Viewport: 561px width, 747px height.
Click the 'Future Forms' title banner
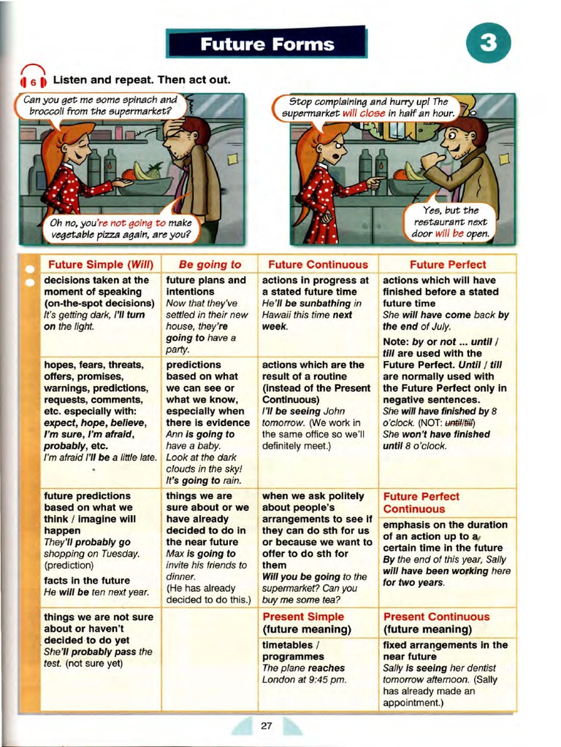(267, 44)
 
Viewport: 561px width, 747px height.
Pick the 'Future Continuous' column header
(318, 265)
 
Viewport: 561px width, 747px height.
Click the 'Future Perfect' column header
(447, 265)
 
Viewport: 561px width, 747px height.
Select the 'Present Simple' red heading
(303, 617)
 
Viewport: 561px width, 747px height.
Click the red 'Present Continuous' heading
(436, 617)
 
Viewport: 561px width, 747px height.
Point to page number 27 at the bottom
(266, 726)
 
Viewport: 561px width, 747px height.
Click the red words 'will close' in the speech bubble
(363, 114)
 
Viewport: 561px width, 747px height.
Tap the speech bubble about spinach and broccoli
(99, 106)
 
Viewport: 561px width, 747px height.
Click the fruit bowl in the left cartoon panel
(147, 179)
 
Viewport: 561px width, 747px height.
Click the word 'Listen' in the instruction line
(71, 80)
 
